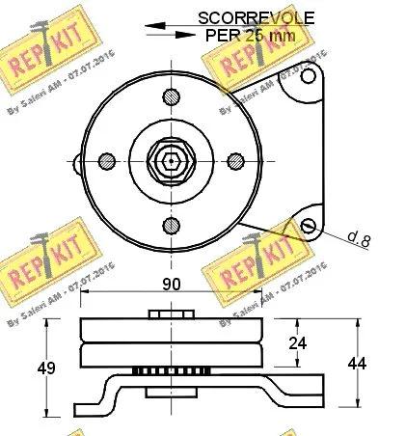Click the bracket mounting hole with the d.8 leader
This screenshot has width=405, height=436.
click(309, 225)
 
